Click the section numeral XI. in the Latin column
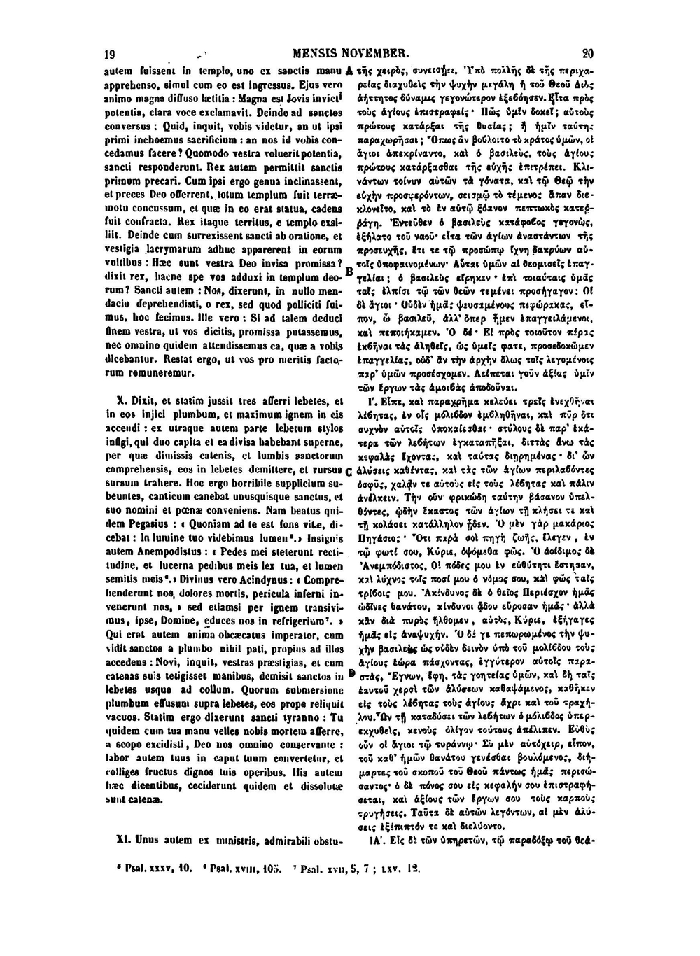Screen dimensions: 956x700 124,837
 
